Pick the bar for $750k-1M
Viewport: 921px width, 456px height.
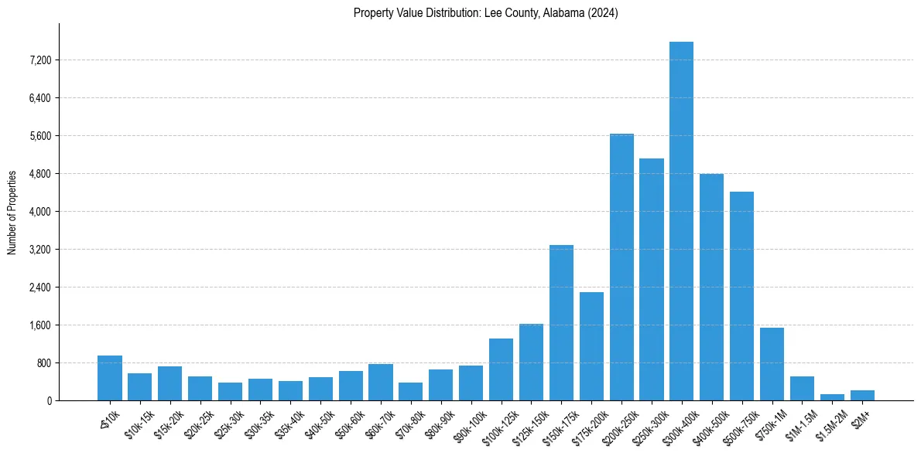772,364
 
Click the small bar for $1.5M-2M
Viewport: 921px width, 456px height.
832,397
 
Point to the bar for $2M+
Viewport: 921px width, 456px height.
862,396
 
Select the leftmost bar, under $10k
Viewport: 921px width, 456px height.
110,378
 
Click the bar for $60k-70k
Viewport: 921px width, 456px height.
381,383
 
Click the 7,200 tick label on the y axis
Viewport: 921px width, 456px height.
38,60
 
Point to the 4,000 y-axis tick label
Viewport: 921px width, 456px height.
38,212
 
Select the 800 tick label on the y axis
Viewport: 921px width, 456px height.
43,363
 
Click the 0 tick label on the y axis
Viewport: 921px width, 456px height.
49,401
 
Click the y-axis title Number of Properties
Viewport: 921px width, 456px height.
12,212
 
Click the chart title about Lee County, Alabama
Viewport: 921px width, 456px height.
486,13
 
